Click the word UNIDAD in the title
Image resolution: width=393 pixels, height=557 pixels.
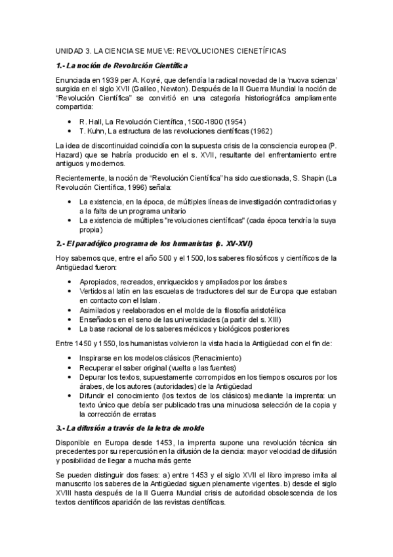coord(68,50)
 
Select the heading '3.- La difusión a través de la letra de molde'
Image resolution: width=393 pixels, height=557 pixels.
coord(133,428)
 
